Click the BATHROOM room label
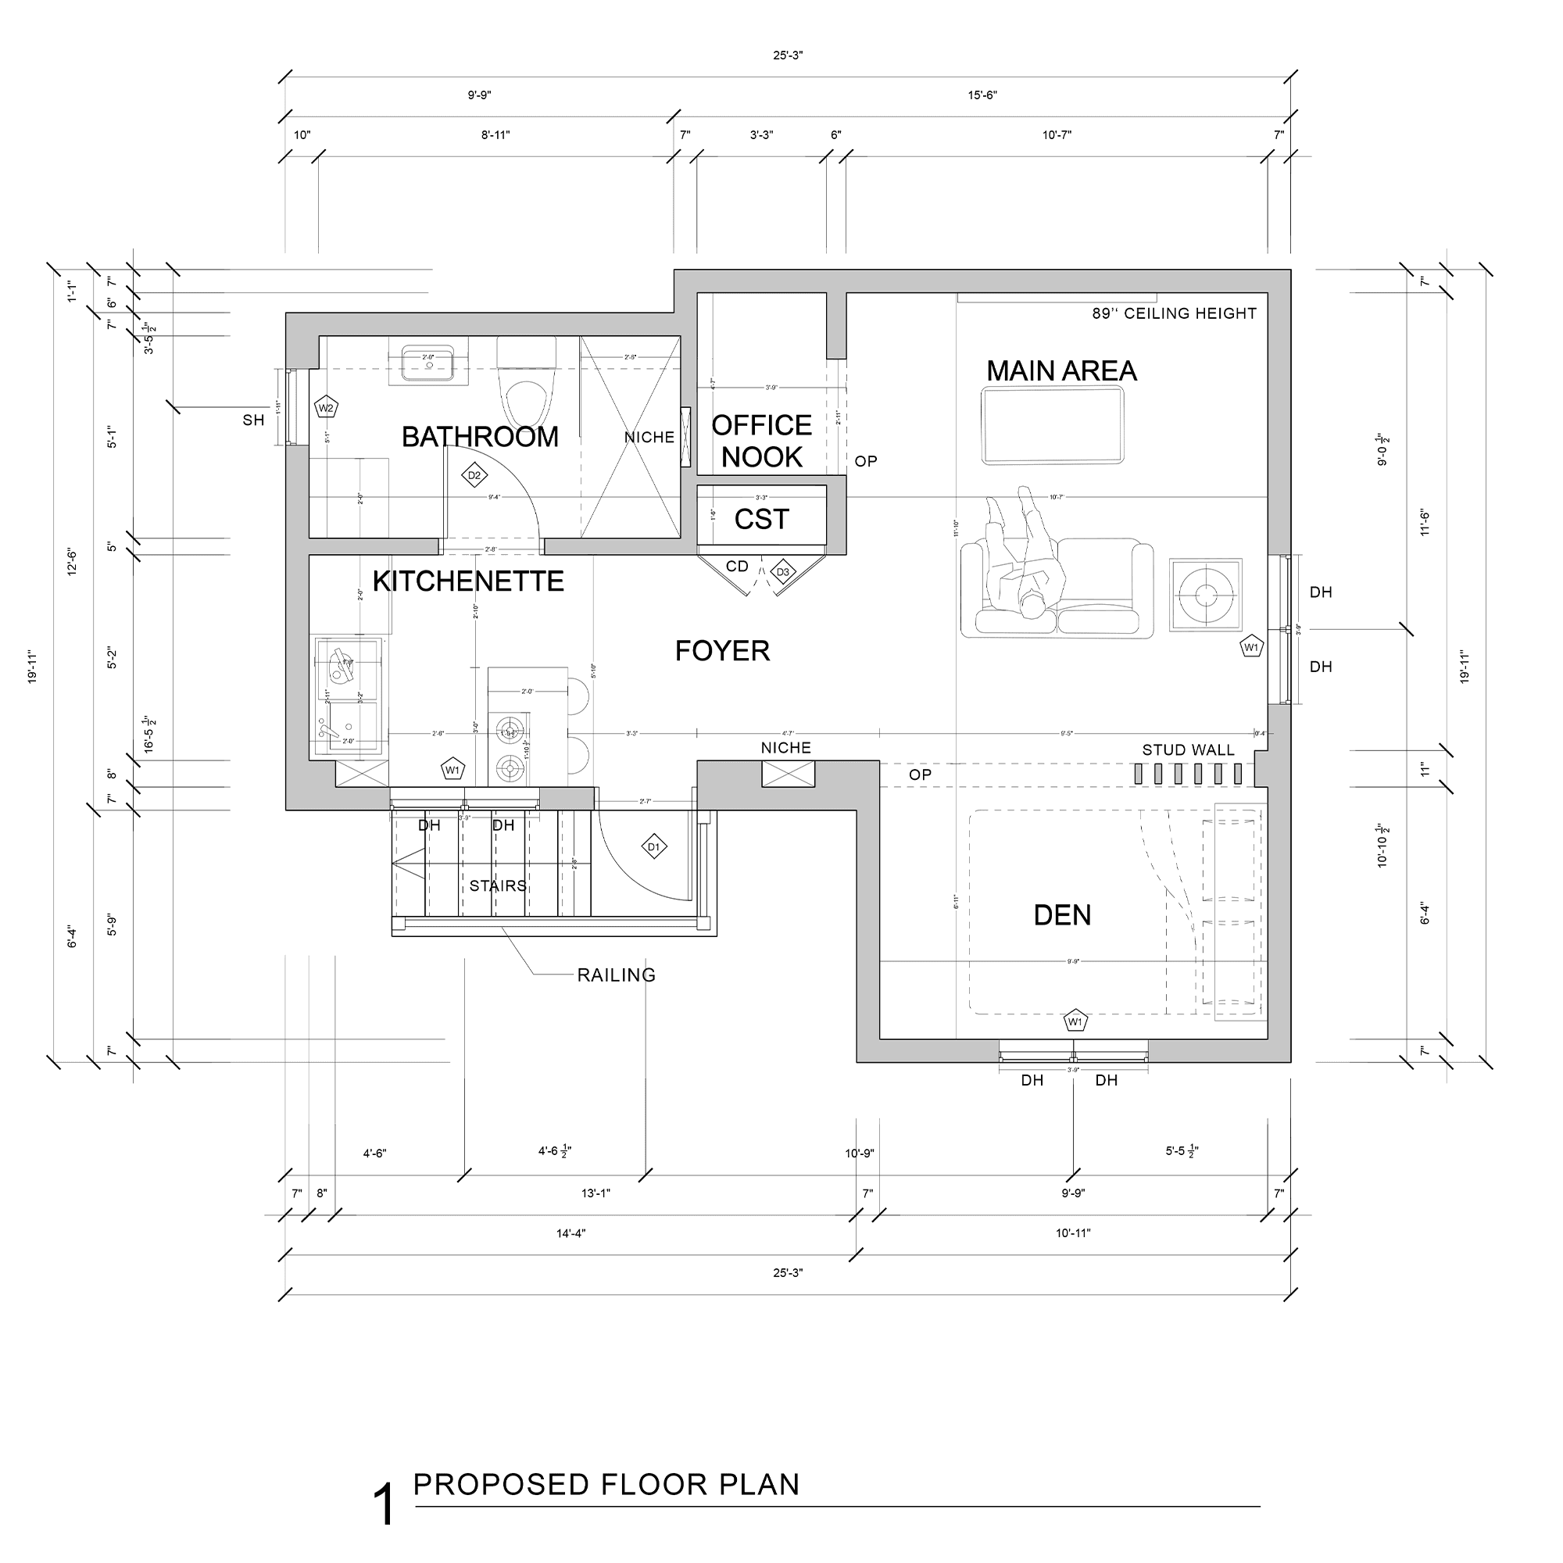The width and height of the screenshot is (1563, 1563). coord(480,437)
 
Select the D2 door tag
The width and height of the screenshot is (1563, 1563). coord(474,476)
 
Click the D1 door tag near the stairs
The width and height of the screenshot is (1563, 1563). coord(653,847)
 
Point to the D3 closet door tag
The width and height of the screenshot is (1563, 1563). coord(782,572)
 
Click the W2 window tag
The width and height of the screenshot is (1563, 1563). coord(325,408)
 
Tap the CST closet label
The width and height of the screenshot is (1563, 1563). coord(761,519)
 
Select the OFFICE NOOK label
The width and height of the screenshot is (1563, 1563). coord(761,441)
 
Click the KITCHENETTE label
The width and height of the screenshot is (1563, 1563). coord(467,581)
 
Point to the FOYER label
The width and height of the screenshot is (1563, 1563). coord(722,650)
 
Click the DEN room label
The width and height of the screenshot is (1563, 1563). coord(1062,915)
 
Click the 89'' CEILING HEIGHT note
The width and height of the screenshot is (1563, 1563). coord(1174,313)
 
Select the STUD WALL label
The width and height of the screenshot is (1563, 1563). coord(1188,750)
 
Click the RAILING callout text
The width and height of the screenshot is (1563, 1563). coord(616,975)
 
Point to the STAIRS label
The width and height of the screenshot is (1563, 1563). coord(498,886)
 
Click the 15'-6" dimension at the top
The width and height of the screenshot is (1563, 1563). coord(982,95)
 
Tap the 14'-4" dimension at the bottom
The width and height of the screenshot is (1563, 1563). coord(570,1233)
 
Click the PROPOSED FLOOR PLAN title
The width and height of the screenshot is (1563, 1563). coord(606,1484)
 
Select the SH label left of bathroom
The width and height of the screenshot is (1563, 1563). coord(253,420)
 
